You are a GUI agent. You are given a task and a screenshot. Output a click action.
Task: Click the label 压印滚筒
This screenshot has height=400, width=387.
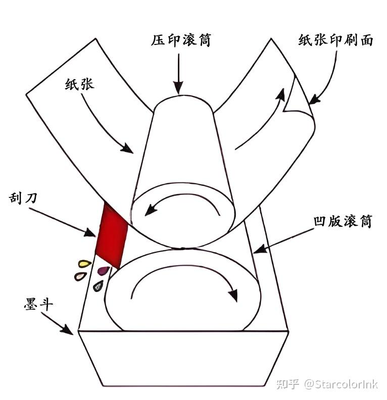[x=180, y=41]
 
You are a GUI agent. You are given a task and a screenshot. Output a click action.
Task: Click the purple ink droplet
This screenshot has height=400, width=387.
[x=104, y=271]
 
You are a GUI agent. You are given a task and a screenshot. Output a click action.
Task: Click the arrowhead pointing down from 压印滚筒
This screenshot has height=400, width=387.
[x=179, y=89]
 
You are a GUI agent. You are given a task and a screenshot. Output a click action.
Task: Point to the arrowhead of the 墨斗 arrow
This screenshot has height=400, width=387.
[x=68, y=330]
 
